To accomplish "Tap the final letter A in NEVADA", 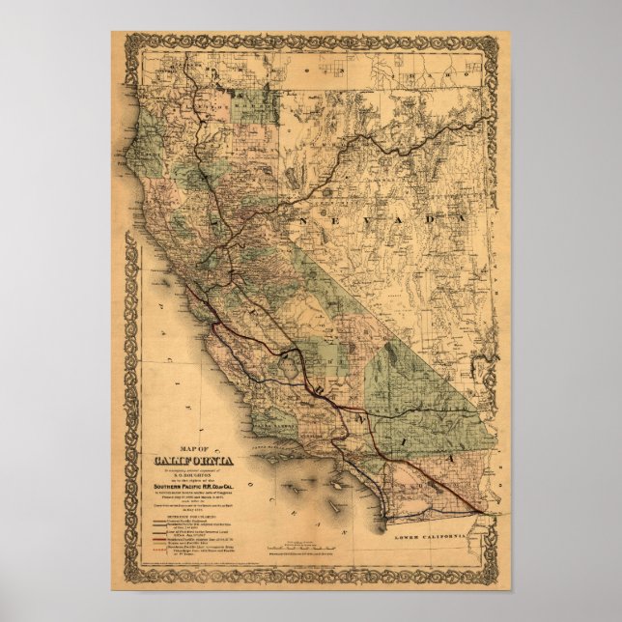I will [451, 222].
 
